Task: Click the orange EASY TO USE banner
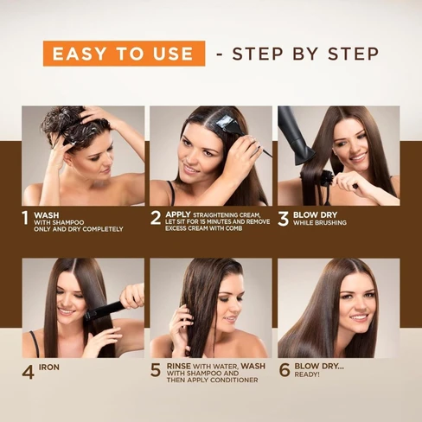[x=125, y=54]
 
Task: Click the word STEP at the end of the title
[x=354, y=54]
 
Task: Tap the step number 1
[x=26, y=218]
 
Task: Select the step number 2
[x=156, y=218]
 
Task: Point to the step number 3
[x=283, y=218]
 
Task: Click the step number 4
[x=28, y=371]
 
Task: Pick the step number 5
[x=156, y=370]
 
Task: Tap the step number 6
[x=285, y=370]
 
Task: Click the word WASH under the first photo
[x=47, y=215]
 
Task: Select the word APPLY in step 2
[x=178, y=214]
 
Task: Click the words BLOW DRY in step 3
[x=315, y=214]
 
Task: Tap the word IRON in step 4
[x=49, y=368]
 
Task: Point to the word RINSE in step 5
[x=179, y=366]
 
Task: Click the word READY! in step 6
[x=307, y=374]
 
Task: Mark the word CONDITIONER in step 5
[x=233, y=380]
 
